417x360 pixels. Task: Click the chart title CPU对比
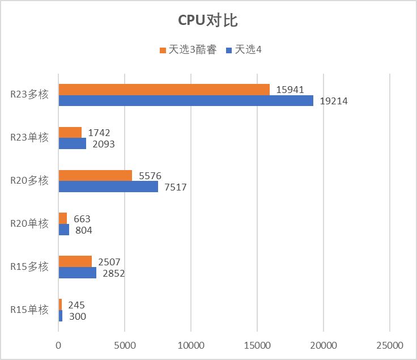[x=208, y=21]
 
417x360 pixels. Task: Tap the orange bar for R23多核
[x=164, y=90]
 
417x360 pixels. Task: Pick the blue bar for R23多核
[x=186, y=101]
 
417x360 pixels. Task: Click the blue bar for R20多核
[x=108, y=187]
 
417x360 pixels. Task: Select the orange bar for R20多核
[x=95, y=176]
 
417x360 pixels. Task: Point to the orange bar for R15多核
[x=75, y=261]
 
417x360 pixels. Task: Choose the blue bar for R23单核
[x=72, y=144]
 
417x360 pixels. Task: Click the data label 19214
[x=334, y=101]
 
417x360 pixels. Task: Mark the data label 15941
[x=290, y=90]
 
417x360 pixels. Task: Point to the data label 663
[x=82, y=219]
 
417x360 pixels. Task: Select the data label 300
[x=77, y=316]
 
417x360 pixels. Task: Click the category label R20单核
[x=29, y=223]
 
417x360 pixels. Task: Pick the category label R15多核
[x=29, y=266]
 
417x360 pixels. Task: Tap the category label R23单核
[x=29, y=137]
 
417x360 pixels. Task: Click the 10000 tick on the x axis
[x=191, y=345]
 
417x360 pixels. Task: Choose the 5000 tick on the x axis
[x=125, y=345]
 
